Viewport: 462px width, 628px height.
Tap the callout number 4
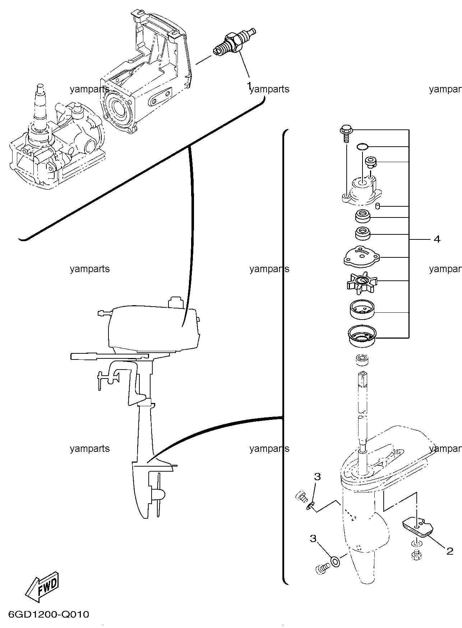click(x=437, y=239)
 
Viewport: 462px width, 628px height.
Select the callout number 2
click(x=450, y=551)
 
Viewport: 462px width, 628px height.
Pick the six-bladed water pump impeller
click(x=362, y=281)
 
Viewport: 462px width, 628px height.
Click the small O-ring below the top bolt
click(x=362, y=147)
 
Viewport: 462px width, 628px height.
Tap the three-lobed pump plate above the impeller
click(x=362, y=257)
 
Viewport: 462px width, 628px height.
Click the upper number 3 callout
click(x=317, y=477)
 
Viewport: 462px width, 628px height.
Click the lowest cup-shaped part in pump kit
click(x=362, y=336)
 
